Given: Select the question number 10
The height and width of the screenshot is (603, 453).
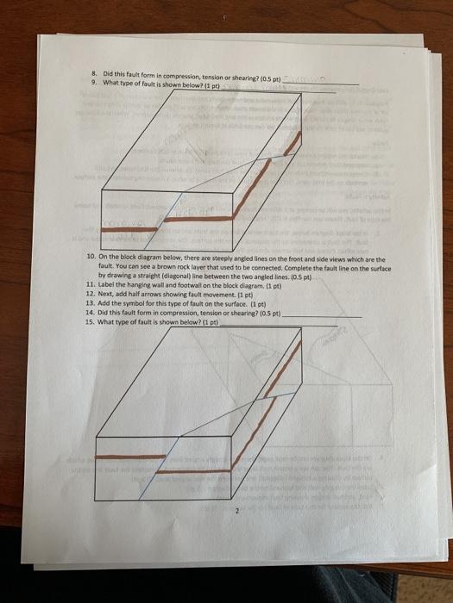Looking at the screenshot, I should click(x=91, y=258).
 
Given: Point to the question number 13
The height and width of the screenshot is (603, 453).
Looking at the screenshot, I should click(x=90, y=303).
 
